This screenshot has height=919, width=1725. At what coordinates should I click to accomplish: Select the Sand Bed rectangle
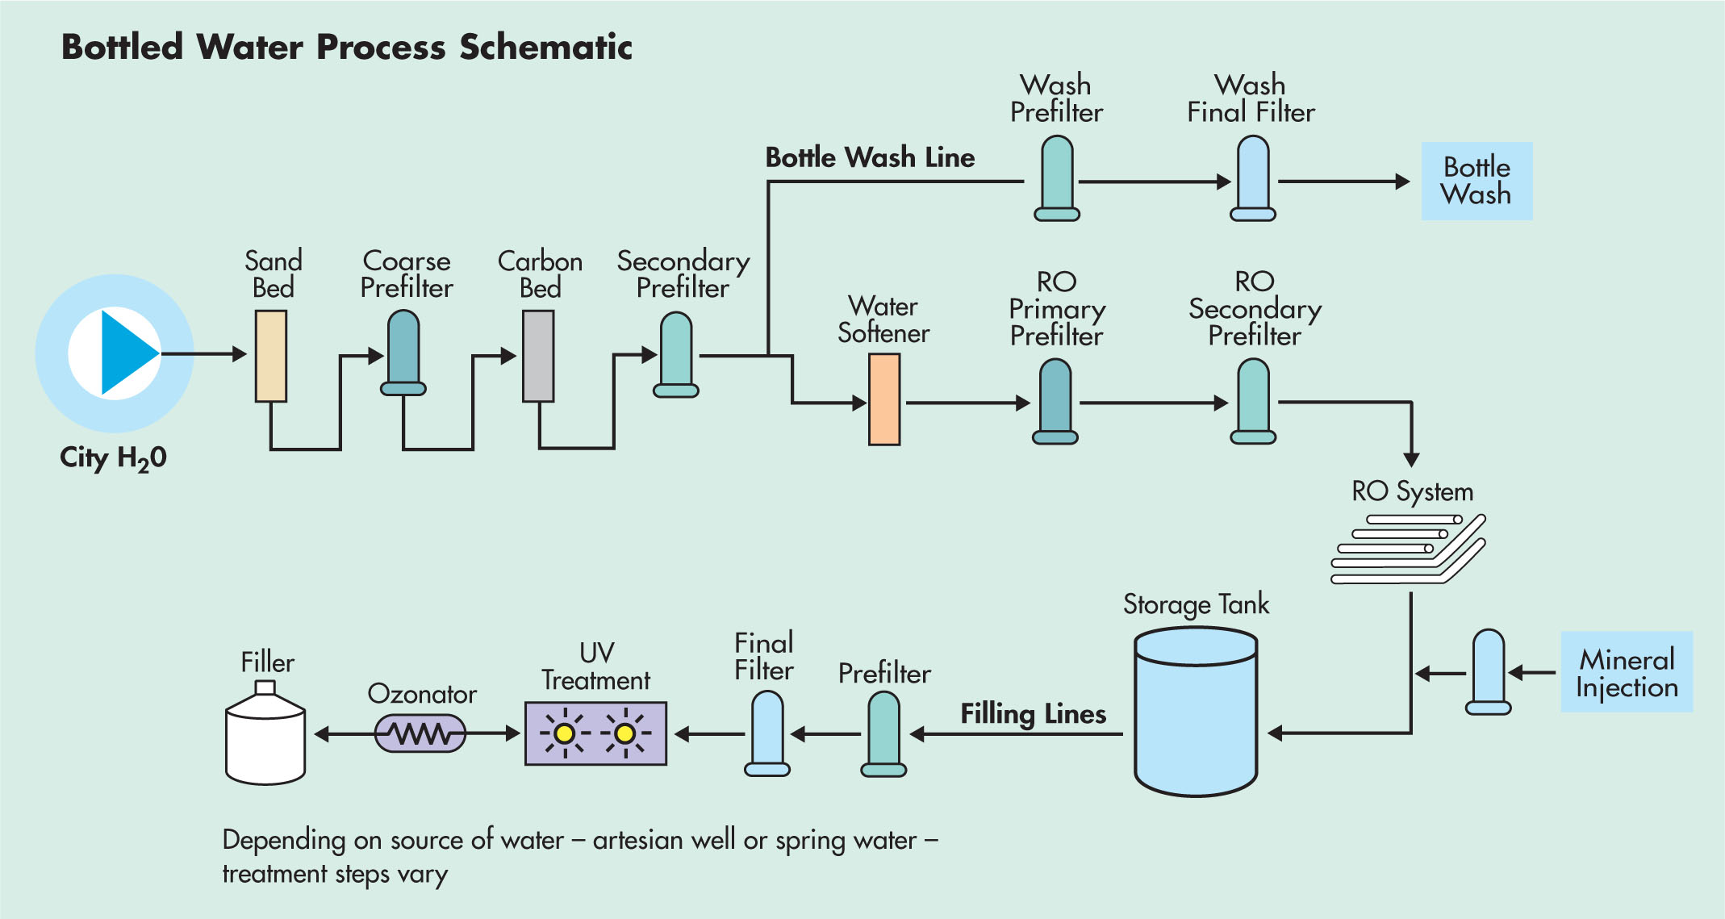tap(271, 356)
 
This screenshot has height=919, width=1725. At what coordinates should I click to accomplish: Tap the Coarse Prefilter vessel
tap(403, 353)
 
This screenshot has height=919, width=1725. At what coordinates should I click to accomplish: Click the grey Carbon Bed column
tap(538, 356)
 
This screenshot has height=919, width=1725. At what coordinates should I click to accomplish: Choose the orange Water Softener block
tap(884, 399)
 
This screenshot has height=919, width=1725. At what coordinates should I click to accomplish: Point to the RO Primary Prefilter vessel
tap(1055, 401)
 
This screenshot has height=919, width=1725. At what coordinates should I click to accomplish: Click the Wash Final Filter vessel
tap(1253, 178)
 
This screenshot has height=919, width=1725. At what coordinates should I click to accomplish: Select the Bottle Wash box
tap(1476, 181)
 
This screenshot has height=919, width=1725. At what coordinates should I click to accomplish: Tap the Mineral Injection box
tap(1627, 672)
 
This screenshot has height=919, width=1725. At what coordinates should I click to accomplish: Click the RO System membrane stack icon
tap(1408, 549)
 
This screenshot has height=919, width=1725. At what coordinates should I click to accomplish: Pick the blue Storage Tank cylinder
tap(1196, 712)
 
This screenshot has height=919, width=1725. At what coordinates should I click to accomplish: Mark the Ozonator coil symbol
tap(420, 733)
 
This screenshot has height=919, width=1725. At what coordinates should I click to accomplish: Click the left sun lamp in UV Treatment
tap(565, 733)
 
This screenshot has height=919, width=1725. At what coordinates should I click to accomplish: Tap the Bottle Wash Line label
tap(870, 157)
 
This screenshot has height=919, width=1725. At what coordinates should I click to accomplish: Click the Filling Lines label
tap(1033, 714)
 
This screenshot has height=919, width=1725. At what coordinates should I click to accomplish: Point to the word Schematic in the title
tap(545, 47)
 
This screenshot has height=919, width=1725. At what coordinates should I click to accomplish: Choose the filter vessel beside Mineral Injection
tap(1488, 672)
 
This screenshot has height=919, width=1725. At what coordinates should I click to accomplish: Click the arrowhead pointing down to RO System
tap(1411, 459)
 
